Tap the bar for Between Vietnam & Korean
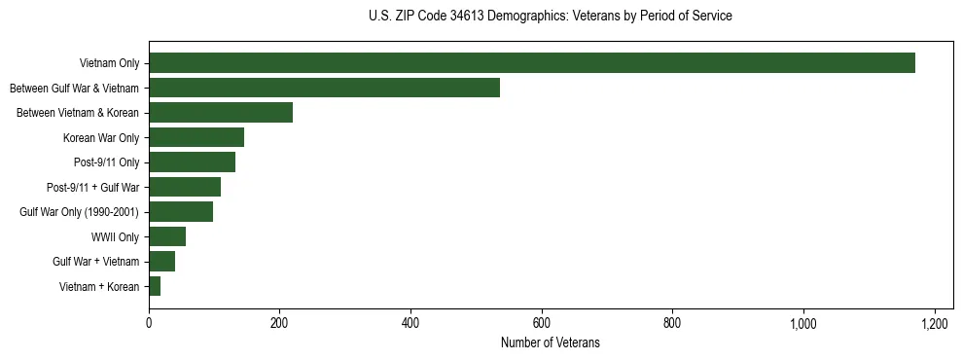(x=221, y=113)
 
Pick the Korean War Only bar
(x=196, y=137)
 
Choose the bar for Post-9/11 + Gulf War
(x=185, y=187)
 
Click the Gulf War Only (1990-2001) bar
(x=181, y=212)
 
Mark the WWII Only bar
(x=167, y=236)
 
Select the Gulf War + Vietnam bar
(x=161, y=262)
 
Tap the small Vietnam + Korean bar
(x=155, y=286)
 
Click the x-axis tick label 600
(x=542, y=322)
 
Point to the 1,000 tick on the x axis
(x=803, y=322)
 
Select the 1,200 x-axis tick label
(x=935, y=322)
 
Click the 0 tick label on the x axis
(x=149, y=322)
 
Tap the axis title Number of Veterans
(x=550, y=342)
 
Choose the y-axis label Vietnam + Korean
(x=99, y=286)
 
